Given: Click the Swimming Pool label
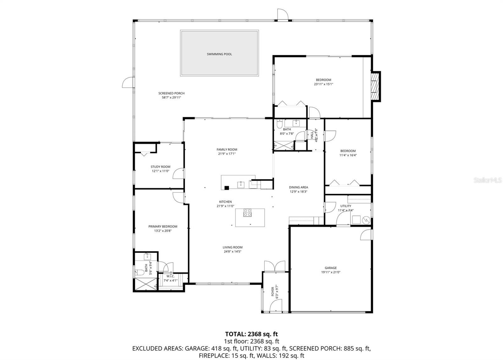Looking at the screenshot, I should tap(219, 54).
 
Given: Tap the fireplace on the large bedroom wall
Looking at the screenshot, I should tap(375, 86).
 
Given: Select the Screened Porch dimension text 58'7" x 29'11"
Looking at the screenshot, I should tap(171, 98).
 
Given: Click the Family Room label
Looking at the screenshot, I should tap(227, 150).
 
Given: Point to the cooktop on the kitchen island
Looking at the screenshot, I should tap(247, 213).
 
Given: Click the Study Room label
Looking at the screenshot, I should tap(160, 167).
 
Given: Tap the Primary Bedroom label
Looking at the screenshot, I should tap(163, 226).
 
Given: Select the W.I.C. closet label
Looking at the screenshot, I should tap(170, 276).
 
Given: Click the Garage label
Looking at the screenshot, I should tap(331, 268).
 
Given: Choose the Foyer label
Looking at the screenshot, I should tap(273, 291).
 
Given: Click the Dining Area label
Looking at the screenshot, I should tap(298, 187).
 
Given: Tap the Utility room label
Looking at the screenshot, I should tap(345, 206).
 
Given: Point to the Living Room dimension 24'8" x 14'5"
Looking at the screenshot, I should tap(233, 251).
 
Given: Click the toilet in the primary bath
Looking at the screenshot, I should tap(139, 272).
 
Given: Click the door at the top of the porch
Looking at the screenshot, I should tap(282, 15).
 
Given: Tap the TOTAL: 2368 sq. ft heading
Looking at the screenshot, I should tap(251, 334).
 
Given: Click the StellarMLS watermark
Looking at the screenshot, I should tap(488, 180).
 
